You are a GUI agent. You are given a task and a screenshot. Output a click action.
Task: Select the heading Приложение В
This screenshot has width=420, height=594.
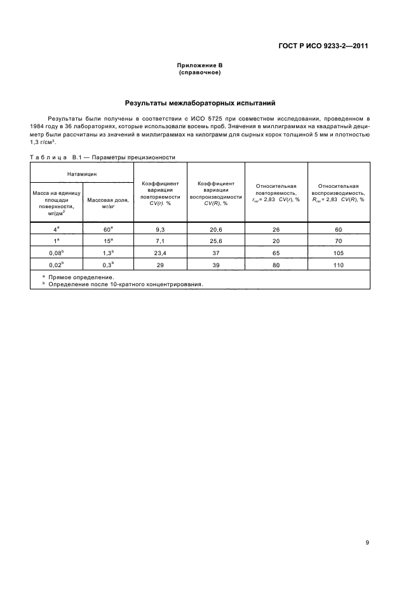coord(200,66)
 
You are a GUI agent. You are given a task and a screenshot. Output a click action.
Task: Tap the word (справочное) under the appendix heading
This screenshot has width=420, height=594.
coord(200,73)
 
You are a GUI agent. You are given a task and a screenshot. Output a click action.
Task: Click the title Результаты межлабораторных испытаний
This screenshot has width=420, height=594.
coord(200,102)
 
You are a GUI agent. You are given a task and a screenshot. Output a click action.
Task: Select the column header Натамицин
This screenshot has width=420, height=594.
coord(83,172)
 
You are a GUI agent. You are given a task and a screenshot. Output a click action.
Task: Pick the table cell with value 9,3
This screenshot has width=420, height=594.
coord(161,229)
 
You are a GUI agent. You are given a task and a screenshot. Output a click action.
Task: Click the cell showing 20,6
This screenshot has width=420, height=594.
coord(216,229)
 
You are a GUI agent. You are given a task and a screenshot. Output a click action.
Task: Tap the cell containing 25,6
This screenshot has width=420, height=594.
coord(216,241)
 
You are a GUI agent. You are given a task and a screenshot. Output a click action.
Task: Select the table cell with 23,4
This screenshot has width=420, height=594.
coord(161,253)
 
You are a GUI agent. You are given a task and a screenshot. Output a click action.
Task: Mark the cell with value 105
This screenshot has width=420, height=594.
coord(338,253)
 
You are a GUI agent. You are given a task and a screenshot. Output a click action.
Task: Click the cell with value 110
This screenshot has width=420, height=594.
coord(338,265)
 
